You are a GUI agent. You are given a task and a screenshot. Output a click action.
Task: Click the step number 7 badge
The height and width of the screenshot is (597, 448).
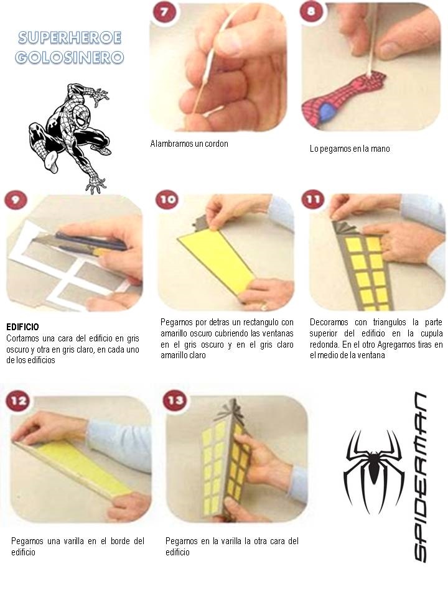pyautogui.click(x=164, y=12)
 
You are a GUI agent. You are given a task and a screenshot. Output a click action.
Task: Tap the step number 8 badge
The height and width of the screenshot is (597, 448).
pyautogui.click(x=311, y=11)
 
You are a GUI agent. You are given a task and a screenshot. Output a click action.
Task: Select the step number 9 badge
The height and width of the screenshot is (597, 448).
pyautogui.click(x=16, y=200)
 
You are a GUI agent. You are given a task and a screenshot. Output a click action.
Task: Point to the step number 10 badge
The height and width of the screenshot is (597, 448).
pyautogui.click(x=167, y=200)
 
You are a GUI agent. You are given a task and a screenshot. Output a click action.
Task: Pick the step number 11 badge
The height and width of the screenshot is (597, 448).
pyautogui.click(x=313, y=200)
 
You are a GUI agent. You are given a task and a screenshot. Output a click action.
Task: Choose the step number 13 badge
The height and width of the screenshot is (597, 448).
pyautogui.click(x=175, y=400)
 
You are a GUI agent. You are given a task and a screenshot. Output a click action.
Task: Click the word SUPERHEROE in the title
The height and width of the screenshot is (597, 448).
pyautogui.click(x=70, y=38)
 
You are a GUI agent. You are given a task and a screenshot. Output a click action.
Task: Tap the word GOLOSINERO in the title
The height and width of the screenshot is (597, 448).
pyautogui.click(x=70, y=57)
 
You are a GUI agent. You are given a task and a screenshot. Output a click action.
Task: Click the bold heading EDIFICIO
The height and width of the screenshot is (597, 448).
pyautogui.click(x=22, y=327)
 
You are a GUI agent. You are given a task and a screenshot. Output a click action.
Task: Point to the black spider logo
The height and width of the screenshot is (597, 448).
pyautogui.click(x=374, y=472)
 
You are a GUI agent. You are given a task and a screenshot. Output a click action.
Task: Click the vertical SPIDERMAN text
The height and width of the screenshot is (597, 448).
pyautogui.click(x=421, y=477)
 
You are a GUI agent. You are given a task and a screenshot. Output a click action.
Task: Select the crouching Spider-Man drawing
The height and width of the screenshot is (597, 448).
pyautogui.click(x=69, y=137)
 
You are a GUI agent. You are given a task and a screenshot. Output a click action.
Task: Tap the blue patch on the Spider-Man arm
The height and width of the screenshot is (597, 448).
pyautogui.click(x=327, y=113)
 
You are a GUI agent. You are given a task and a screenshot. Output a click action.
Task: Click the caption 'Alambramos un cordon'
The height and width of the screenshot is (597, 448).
pyautogui.click(x=189, y=144)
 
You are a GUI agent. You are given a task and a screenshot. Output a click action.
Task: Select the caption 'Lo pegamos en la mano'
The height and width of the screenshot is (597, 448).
pyautogui.click(x=350, y=149)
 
